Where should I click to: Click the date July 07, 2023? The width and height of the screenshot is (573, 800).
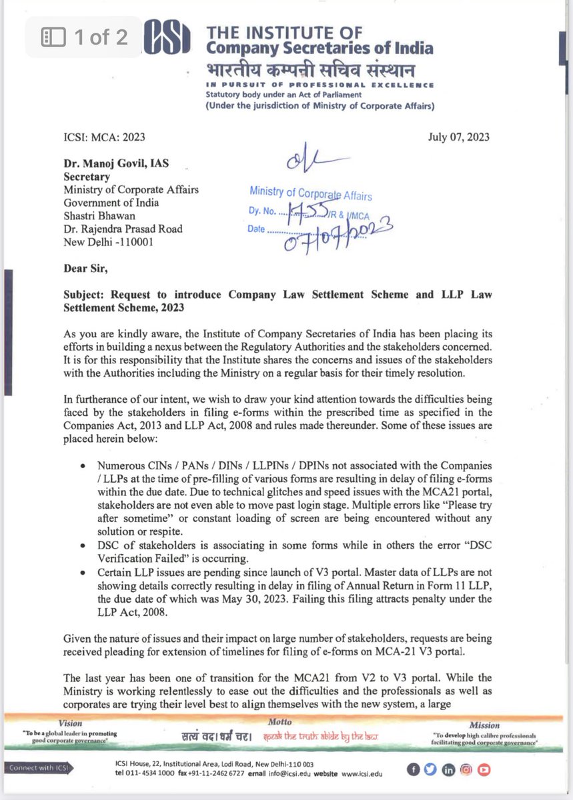[x=458, y=137]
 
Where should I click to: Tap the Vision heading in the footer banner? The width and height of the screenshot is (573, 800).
[x=71, y=722]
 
